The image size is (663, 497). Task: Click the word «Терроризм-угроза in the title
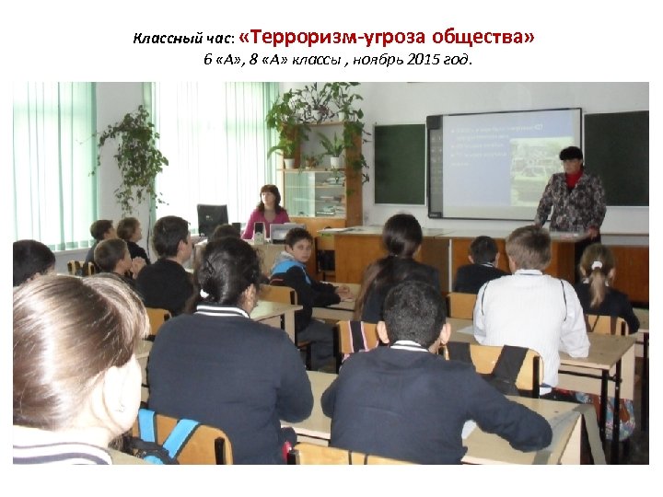click(316, 38)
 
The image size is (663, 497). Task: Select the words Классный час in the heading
click(183, 40)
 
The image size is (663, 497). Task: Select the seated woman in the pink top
click(268, 213)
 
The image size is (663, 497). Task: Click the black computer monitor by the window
click(213, 219)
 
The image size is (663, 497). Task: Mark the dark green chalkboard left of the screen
click(400, 164)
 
